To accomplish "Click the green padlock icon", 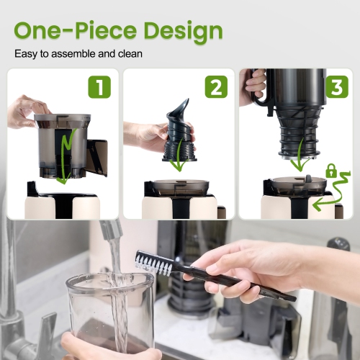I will tap(331, 171).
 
